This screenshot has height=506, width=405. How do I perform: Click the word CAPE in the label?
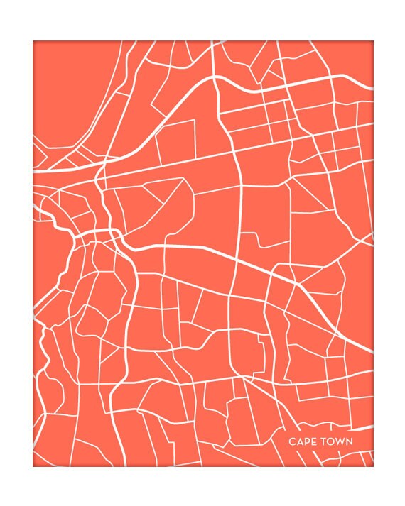click(x=302, y=441)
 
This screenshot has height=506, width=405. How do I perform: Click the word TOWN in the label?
click(x=337, y=441)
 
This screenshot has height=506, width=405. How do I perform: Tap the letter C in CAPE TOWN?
click(x=292, y=441)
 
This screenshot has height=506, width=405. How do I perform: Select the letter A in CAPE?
click(x=299, y=441)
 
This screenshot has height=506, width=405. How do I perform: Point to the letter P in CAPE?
click(x=306, y=441)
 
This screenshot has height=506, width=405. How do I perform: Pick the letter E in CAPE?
click(x=313, y=441)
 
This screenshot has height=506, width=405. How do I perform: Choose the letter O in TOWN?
click(x=332, y=441)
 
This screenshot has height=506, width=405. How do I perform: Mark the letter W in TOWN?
click(x=340, y=441)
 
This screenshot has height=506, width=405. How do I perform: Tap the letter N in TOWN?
click(x=350, y=441)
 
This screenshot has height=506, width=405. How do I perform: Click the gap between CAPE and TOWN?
click(x=318, y=441)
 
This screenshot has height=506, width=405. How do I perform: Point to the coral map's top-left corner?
click(x=33, y=41)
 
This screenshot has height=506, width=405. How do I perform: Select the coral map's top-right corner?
click(x=373, y=41)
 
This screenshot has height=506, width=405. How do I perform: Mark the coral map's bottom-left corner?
click(x=33, y=466)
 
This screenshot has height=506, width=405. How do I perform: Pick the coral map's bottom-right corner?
click(x=373, y=466)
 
